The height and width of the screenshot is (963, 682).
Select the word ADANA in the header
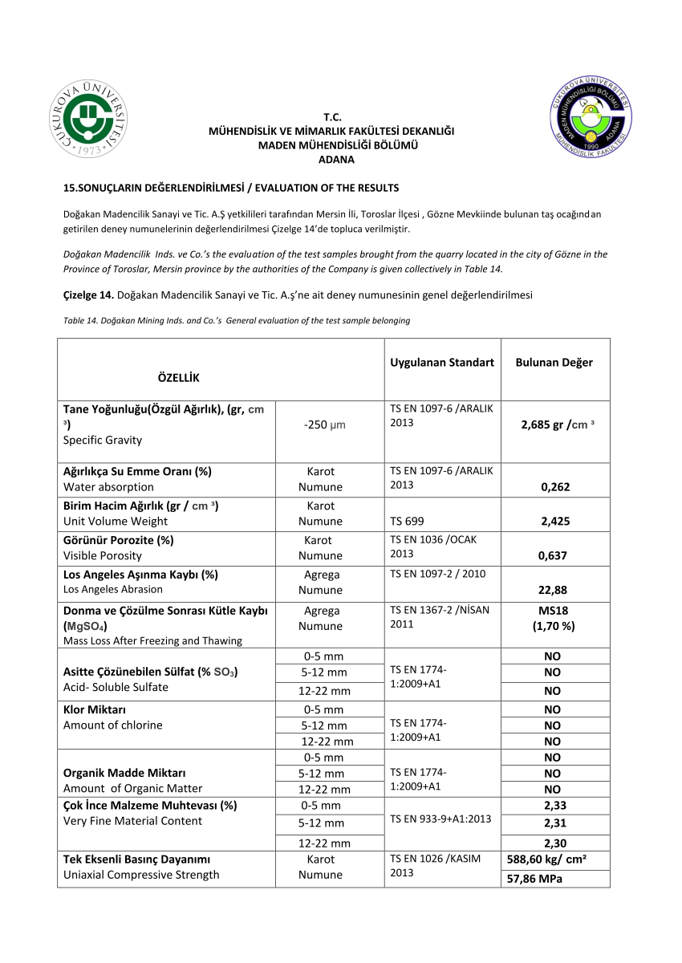336,160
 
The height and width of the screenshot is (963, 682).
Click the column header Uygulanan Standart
442,363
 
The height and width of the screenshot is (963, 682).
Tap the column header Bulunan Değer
554,363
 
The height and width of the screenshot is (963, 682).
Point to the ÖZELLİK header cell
172,378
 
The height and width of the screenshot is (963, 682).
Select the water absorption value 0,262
555,486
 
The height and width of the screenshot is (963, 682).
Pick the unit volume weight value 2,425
555,521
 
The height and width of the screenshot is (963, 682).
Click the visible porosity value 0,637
555,555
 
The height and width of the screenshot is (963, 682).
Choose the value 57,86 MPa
534,880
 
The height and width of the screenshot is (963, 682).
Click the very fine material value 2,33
555,806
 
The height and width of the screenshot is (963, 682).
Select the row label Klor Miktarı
95,709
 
